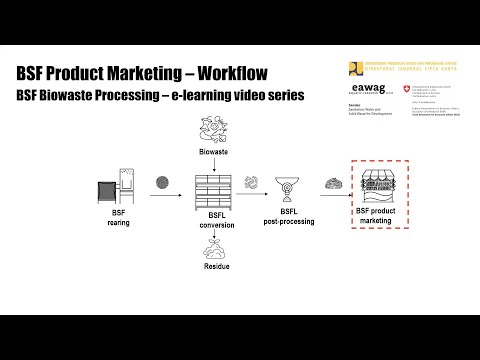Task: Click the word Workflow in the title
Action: tap(230, 74)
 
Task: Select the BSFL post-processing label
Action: tap(289, 218)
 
